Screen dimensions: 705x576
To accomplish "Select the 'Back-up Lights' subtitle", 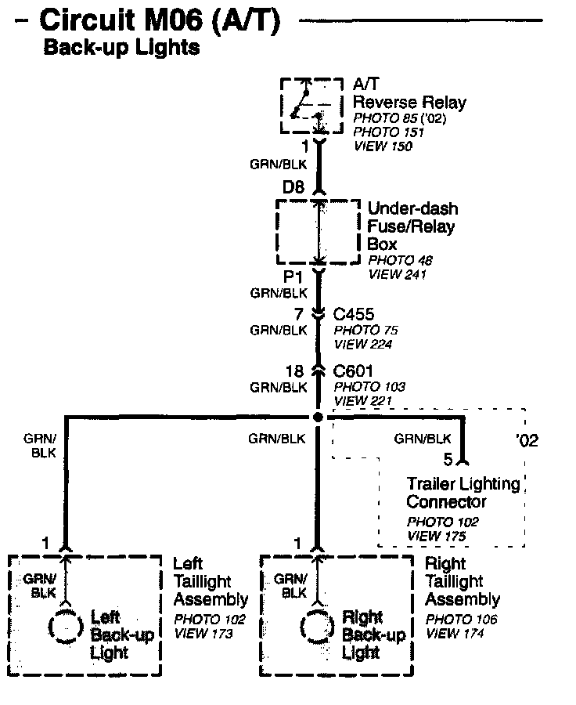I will point(121,49).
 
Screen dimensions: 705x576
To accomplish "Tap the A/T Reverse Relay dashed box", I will point(311,106).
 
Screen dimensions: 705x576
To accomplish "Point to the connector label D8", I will point(294,189).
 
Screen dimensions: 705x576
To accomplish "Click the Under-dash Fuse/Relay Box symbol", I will point(318,232).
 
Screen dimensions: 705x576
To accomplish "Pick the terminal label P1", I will point(294,278).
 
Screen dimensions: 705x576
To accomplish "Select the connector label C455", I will point(354,315).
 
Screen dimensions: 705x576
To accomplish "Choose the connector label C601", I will point(354,371).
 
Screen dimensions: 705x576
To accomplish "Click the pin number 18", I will point(297,371).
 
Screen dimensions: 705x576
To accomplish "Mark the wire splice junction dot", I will point(318,417).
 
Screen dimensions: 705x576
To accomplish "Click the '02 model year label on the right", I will point(527,440).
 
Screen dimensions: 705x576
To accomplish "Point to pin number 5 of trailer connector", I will point(448,460).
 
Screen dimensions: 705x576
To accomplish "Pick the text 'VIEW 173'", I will point(203,633).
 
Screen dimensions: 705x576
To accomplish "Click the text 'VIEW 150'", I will point(383,146).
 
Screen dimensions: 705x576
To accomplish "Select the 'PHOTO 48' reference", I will point(399,261).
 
